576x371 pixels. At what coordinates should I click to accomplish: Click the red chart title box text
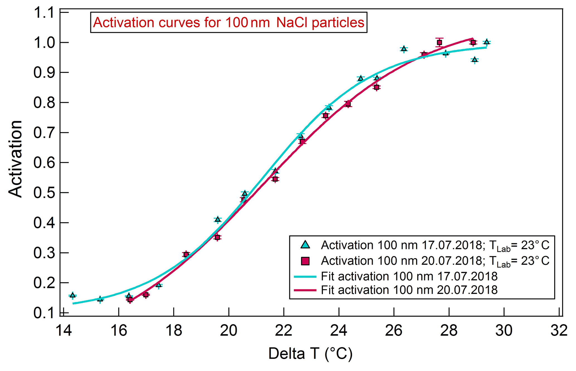coord(229,23)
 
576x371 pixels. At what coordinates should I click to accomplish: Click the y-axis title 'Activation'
coord(15,159)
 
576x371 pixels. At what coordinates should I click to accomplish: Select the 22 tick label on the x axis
coord(283,331)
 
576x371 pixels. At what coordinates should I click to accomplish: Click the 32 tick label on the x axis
coord(559,331)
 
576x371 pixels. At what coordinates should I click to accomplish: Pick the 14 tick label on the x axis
coord(64,331)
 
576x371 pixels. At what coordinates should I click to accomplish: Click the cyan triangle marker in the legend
coord(305,245)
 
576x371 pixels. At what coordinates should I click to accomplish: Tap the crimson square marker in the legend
coord(305,261)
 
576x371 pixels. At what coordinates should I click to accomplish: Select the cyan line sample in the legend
coord(305,277)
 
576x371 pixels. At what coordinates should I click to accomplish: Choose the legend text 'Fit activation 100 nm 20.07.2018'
coord(409,290)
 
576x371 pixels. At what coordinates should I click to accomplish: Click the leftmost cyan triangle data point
coord(72,295)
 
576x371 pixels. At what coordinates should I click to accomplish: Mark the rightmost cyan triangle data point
coord(487,42)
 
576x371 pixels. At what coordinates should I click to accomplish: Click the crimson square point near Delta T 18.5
coord(186,254)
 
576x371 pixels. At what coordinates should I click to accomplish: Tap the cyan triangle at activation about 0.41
coord(218,219)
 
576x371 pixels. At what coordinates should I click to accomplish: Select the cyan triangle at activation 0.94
coord(475,60)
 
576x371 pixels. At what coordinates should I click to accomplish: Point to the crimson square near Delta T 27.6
coord(439,43)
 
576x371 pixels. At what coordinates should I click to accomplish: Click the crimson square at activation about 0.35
coord(217,237)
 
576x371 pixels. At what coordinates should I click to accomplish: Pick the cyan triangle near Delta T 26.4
coord(404,49)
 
